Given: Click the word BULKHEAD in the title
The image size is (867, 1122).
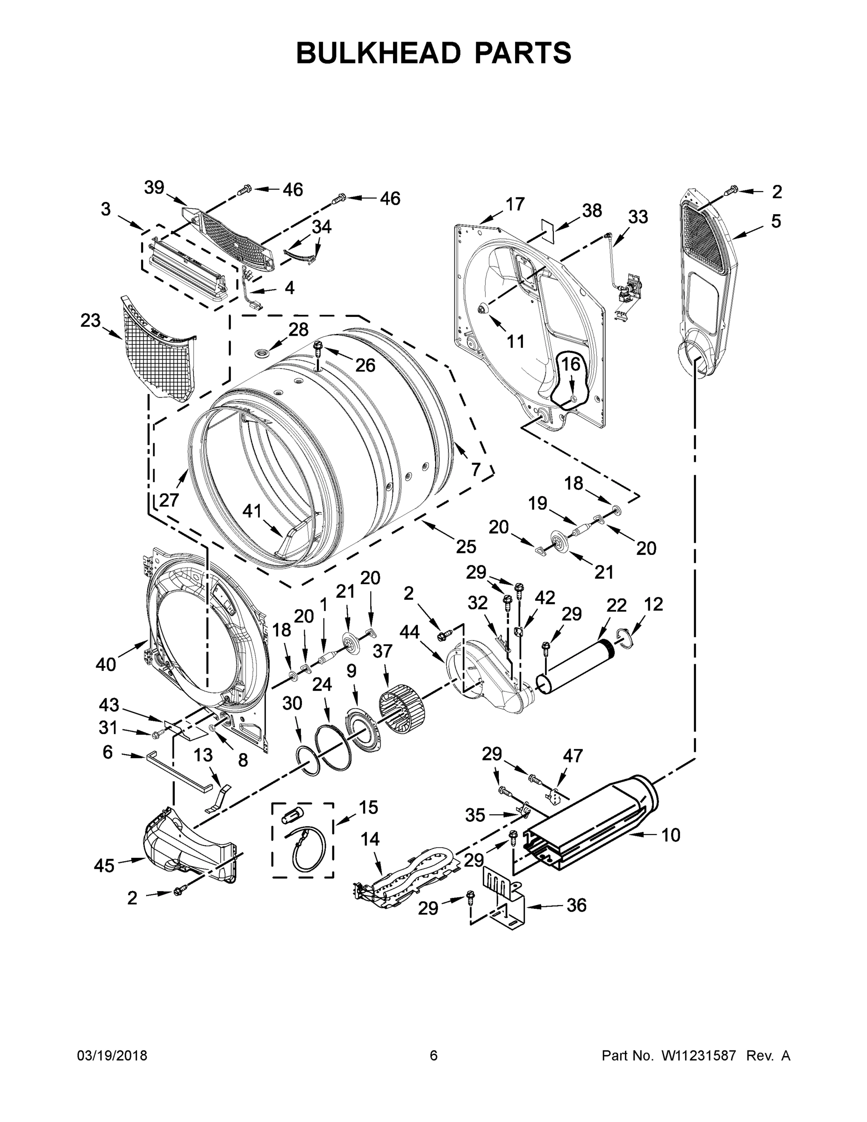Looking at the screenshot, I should coord(379,53).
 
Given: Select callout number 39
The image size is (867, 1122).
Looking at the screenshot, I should coord(154,188).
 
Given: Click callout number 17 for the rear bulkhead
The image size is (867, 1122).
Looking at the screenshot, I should coord(515,204).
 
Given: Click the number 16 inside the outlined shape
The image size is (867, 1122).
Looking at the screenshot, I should coord(570,364).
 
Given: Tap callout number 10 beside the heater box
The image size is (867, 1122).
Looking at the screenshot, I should coord(670,835).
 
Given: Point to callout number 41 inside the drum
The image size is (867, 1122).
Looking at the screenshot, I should coord(251,511).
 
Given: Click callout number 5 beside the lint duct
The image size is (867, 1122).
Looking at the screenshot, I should coord(775,222).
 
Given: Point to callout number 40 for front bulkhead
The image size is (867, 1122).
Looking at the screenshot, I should coord(106,664).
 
